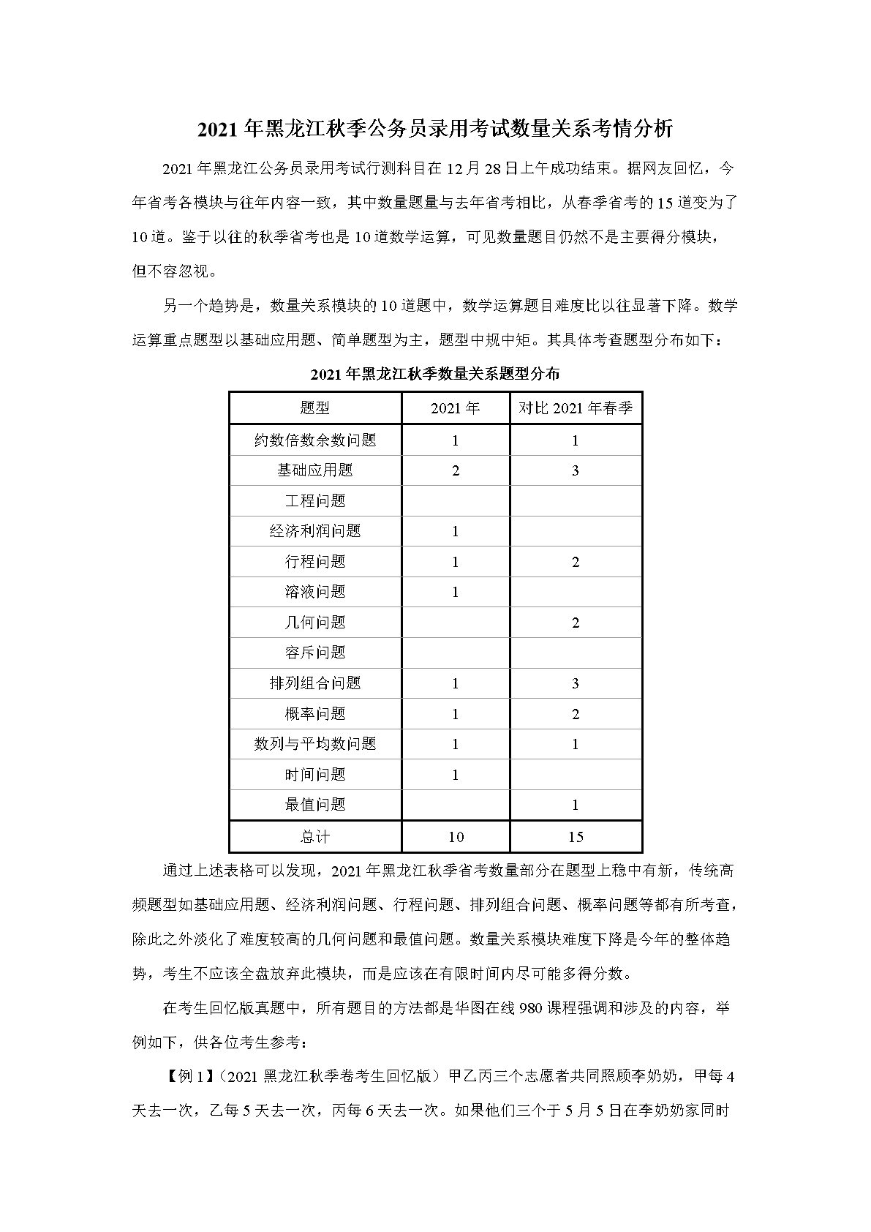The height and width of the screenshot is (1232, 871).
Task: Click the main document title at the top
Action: point(435,129)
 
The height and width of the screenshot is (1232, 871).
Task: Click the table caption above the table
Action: point(435,374)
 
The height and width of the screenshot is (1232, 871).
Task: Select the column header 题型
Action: point(315,407)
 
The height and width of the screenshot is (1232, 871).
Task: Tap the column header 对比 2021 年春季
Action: point(576,407)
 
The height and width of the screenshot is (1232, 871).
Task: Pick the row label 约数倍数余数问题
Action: point(315,440)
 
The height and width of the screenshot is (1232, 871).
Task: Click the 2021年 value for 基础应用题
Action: point(456,470)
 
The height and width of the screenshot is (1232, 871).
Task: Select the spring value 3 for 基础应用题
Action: point(576,470)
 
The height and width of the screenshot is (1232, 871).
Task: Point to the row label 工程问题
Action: point(315,501)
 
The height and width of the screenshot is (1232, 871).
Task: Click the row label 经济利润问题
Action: point(315,531)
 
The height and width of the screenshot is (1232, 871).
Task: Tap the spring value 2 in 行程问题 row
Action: point(576,562)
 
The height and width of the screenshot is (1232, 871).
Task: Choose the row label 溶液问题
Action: point(315,592)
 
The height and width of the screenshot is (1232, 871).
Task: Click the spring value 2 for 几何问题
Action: point(576,623)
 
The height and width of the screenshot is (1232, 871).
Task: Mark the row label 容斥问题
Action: point(315,653)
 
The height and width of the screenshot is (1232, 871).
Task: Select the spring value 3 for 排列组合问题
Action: point(576,683)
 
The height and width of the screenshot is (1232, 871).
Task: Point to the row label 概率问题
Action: point(315,714)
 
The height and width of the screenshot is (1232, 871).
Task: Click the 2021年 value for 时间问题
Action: point(456,775)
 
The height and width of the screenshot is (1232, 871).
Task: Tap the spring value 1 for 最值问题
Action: point(576,805)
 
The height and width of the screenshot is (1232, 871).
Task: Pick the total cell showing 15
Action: point(576,837)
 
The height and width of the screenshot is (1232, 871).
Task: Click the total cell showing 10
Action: point(456,837)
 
